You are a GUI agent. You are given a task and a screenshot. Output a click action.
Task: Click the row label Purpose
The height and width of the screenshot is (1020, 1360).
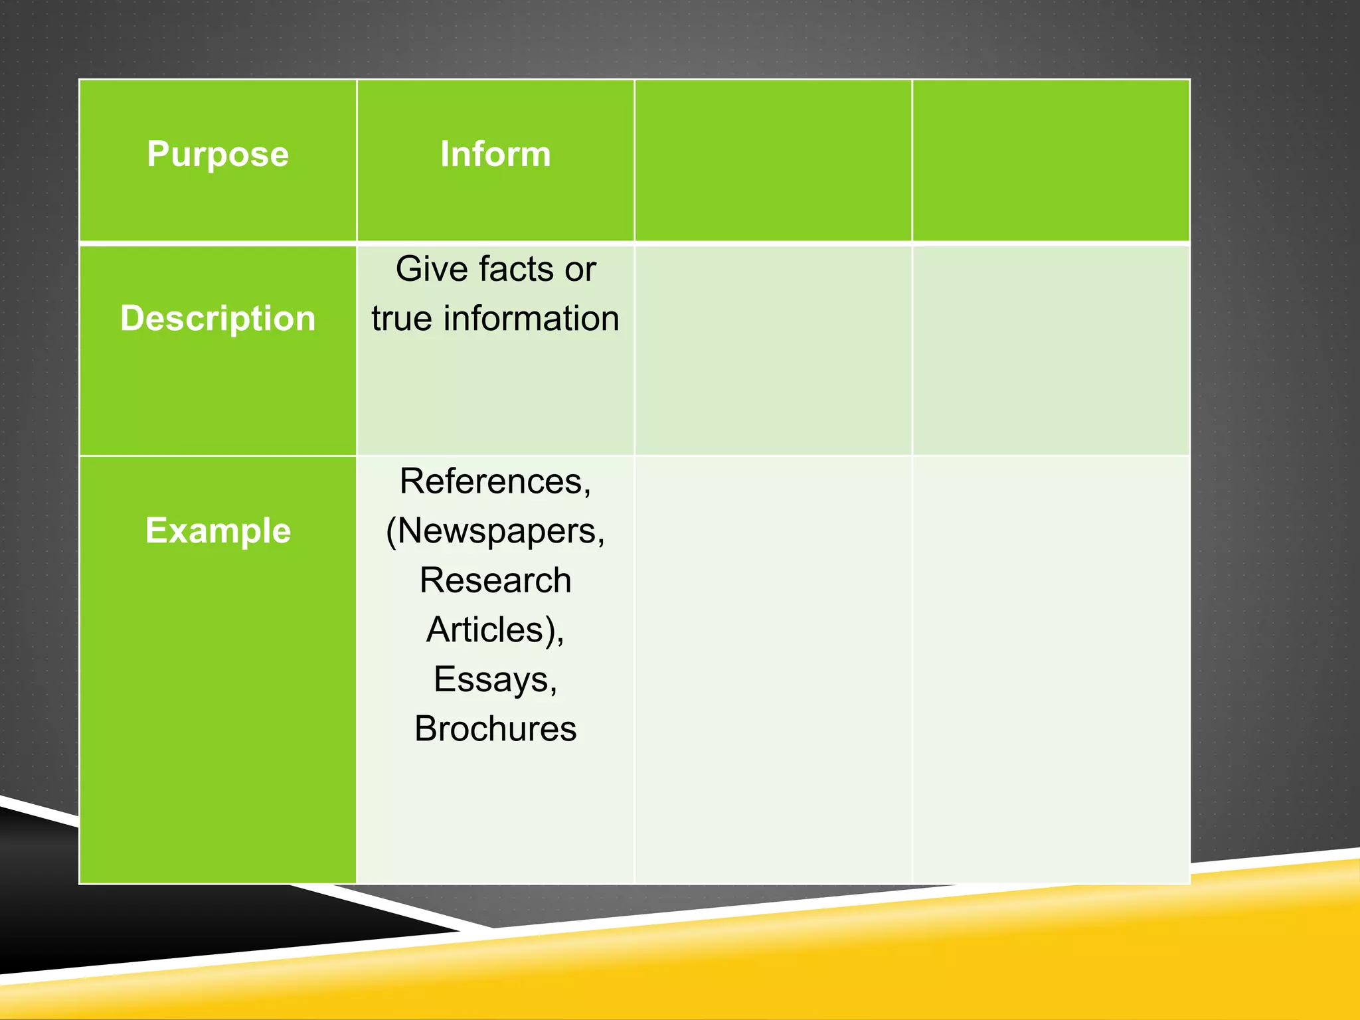click(x=218, y=154)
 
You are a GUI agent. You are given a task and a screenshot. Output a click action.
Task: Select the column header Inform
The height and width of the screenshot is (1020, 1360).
click(x=495, y=154)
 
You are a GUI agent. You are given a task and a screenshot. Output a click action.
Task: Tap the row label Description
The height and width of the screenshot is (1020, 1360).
click(x=218, y=318)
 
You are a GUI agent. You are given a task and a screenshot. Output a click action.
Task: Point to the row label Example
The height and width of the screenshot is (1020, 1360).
click(x=218, y=531)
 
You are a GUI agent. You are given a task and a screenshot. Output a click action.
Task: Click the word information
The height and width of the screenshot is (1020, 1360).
click(x=531, y=319)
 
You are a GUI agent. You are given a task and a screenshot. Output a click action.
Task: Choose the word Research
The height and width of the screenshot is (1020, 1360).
click(x=495, y=580)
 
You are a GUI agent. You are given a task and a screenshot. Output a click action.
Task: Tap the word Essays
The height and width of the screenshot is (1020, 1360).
click(x=493, y=679)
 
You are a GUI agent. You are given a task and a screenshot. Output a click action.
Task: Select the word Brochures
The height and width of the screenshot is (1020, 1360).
click(x=495, y=729)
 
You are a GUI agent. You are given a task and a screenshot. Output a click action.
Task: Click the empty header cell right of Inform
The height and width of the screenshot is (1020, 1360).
click(x=773, y=160)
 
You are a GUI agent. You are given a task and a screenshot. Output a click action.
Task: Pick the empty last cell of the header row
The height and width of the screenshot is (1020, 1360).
click(x=1051, y=160)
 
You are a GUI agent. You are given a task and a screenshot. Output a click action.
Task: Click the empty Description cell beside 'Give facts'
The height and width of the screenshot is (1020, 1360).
click(x=773, y=350)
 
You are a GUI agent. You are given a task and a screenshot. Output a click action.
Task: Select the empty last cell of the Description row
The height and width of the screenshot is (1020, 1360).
click(x=1051, y=350)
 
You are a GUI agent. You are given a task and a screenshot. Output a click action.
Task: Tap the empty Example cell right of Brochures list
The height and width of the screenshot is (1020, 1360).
click(x=773, y=669)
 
